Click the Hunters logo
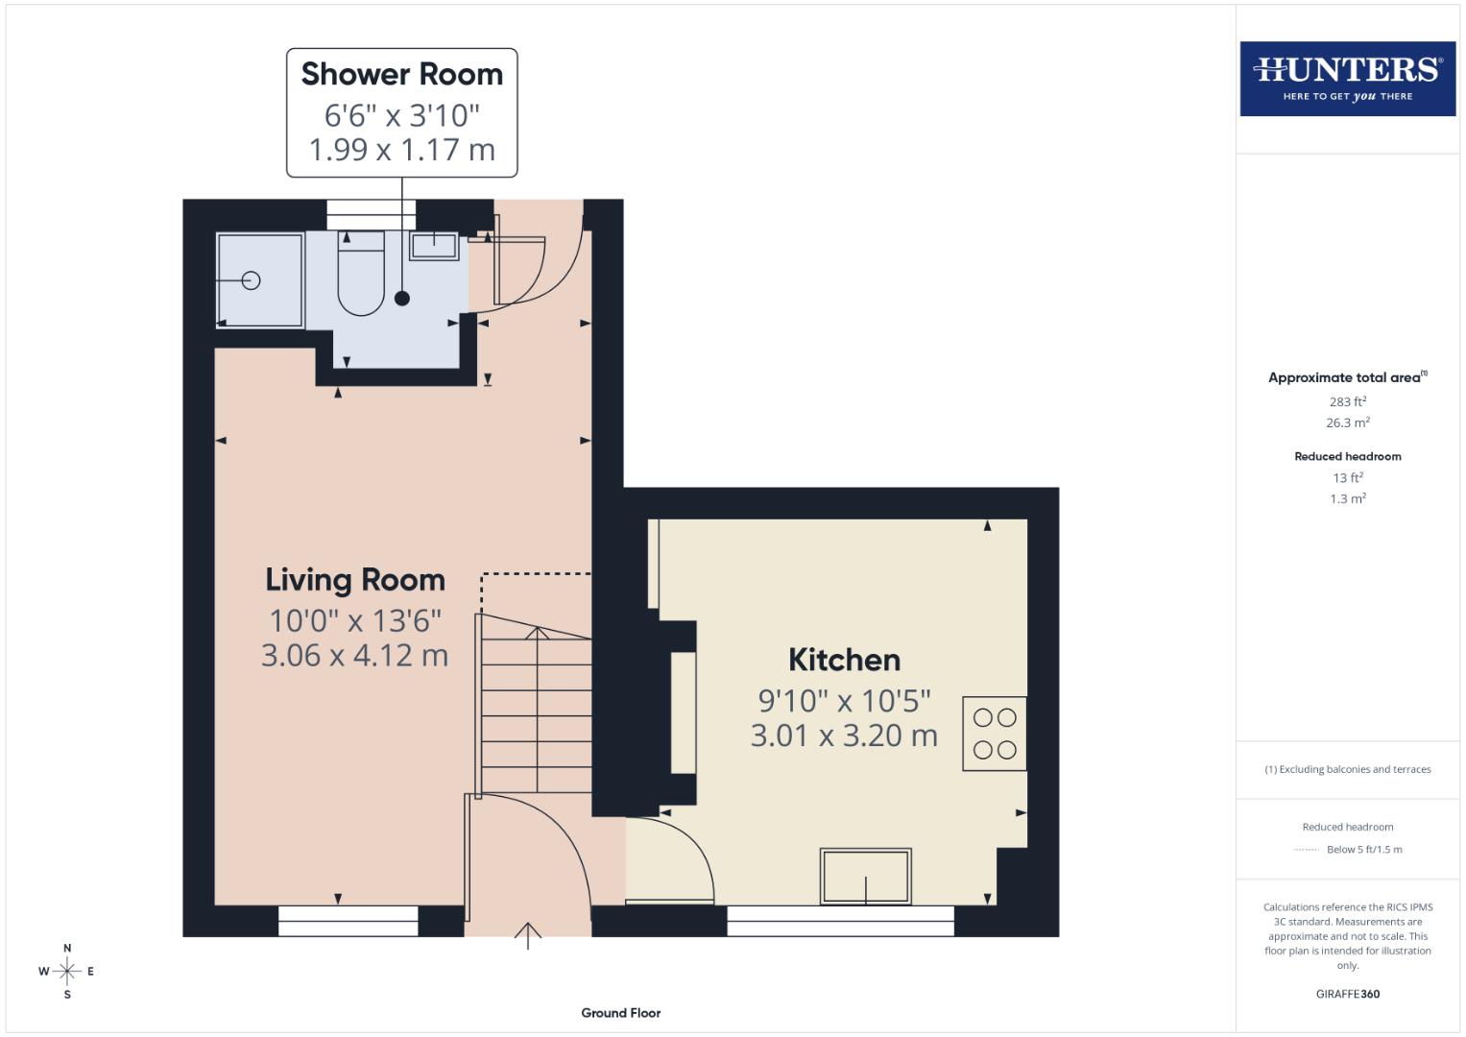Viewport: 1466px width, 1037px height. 1347,78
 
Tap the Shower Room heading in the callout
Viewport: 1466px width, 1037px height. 401,74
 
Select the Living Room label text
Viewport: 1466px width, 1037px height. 355,580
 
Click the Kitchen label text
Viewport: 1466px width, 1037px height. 844,660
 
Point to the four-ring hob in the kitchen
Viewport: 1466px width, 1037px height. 995,734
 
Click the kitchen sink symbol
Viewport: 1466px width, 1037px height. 865,876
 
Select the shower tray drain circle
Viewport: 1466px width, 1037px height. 252,280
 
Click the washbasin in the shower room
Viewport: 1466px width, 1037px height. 434,246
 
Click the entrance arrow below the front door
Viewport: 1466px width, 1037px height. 528,935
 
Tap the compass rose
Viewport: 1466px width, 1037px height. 67,972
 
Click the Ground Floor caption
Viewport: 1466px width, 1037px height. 620,1013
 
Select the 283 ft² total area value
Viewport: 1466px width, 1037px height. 1347,401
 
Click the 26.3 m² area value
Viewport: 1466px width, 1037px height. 1347,422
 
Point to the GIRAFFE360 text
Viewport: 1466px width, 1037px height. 1347,994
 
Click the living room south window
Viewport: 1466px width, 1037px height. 348,921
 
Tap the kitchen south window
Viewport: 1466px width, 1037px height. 840,921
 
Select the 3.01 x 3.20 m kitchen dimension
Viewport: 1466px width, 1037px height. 844,736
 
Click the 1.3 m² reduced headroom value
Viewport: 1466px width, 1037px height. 1347,498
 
